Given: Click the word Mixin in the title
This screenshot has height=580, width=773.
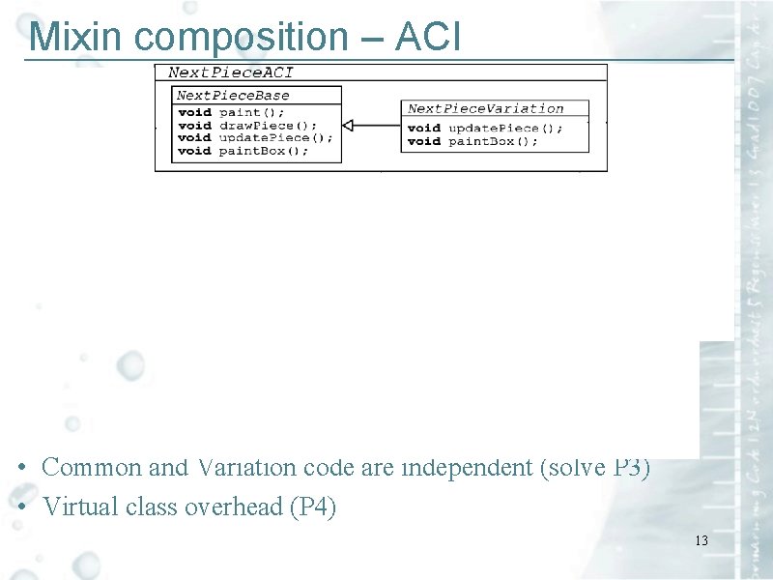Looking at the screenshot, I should point(78,37).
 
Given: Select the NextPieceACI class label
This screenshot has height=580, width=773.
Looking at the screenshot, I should point(231,72).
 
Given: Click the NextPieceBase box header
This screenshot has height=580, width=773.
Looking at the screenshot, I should point(233,96).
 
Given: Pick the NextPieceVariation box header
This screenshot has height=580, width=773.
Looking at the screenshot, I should point(485,108).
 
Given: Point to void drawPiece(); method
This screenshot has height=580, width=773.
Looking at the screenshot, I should point(247,125).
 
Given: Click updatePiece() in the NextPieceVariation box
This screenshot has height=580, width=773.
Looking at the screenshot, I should point(503,128).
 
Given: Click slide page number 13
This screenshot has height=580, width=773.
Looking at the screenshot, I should point(701,540).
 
